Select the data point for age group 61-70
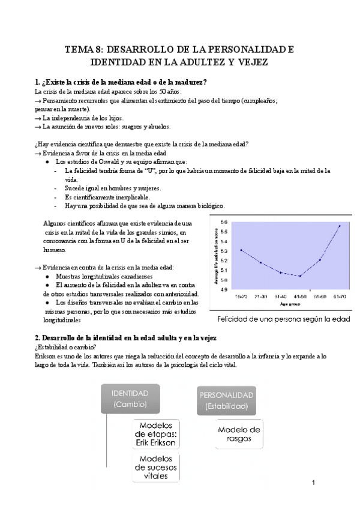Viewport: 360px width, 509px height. pos(340,226)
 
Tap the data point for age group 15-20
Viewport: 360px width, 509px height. pos(241,250)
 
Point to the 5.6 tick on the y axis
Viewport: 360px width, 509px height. pos(224,222)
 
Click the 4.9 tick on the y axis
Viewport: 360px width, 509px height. pos(224,289)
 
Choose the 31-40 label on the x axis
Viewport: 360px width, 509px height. pos(280,296)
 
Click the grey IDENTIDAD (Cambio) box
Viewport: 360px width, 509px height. pos(130,399)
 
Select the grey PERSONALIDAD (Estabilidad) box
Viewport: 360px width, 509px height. pos(226,400)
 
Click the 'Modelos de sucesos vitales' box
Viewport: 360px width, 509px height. pos(157,466)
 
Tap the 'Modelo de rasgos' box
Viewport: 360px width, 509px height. pos(239,433)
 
